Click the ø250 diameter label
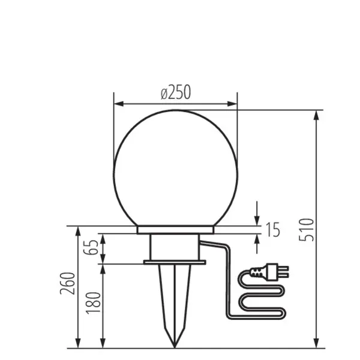point(175,92)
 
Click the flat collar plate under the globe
point(175,230)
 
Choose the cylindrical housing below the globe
point(175,247)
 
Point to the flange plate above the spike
point(175,262)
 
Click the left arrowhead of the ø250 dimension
point(118,104)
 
